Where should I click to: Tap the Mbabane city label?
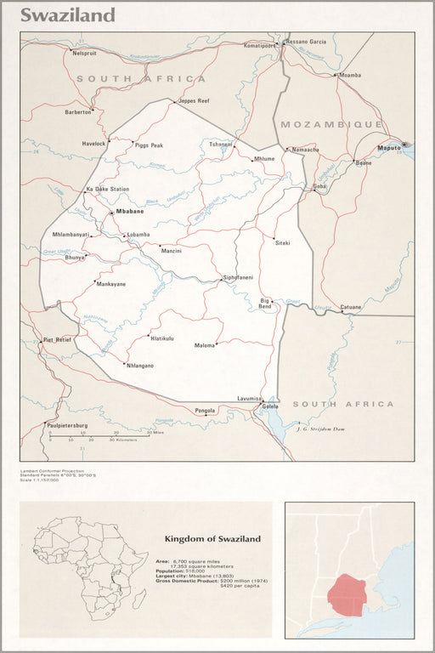130,210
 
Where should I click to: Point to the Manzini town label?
172,251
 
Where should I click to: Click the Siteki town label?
282,242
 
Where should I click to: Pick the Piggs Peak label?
149,145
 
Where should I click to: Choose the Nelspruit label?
85,53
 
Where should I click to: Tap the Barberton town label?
78,111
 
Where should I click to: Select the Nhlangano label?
139,365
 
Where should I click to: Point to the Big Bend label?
265,304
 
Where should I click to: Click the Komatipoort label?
261,44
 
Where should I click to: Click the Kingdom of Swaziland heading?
212,539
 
